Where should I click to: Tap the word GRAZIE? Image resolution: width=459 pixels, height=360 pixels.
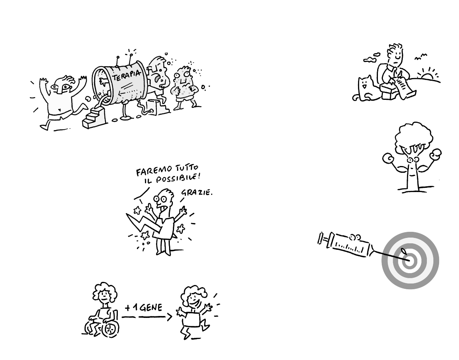197,192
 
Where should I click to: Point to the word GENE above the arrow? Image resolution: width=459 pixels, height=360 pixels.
151,307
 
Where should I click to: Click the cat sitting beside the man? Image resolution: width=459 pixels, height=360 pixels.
365,89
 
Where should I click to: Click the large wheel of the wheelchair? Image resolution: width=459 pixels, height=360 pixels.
110,329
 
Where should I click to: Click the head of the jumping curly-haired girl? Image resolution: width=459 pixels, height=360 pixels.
193,297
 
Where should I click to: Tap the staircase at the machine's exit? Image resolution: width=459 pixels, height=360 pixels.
94,117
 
